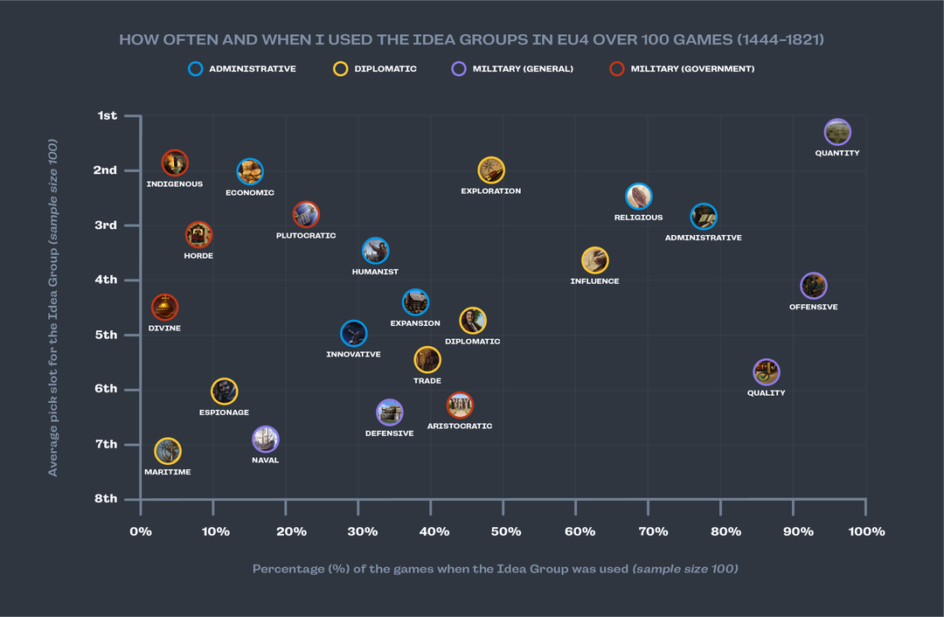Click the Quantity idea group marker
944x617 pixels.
(x=837, y=132)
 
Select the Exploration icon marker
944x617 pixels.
(x=491, y=170)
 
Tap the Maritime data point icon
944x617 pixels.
(x=167, y=451)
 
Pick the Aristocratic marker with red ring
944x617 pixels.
(x=460, y=405)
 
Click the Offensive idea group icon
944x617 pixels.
(x=813, y=286)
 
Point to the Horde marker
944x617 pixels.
(x=198, y=234)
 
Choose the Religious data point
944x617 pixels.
(x=639, y=196)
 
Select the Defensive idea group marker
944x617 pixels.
(x=389, y=412)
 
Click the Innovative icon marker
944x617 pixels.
(x=353, y=333)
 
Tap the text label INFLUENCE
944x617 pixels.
(x=594, y=281)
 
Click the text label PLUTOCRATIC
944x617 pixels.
(x=306, y=236)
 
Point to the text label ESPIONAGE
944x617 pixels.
(x=224, y=412)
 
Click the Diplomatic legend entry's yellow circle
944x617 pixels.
(x=341, y=69)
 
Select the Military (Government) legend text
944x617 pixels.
(x=692, y=69)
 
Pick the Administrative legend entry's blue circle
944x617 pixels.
(x=196, y=69)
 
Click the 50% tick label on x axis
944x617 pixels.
(x=505, y=532)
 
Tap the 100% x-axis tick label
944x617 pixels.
(x=865, y=532)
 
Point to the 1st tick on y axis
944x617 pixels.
(x=107, y=115)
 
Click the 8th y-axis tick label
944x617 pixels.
(x=106, y=499)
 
